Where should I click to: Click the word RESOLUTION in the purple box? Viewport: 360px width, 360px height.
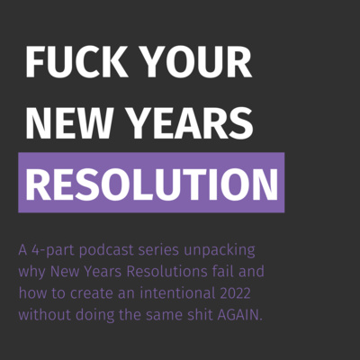[x=152, y=184]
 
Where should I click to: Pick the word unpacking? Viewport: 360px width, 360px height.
[x=220, y=251]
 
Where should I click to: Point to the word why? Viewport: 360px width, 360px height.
[x=32, y=273]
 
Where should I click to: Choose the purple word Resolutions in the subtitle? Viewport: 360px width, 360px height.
[x=167, y=272]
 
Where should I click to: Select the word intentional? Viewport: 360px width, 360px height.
[x=177, y=293]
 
